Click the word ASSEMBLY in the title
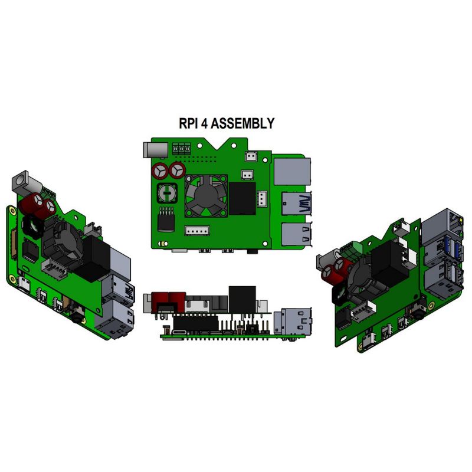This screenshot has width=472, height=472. (242, 124)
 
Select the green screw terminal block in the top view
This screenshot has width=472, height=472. (183, 149)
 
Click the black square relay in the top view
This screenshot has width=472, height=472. (242, 198)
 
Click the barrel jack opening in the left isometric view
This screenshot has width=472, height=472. (21, 177)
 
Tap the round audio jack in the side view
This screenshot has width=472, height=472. (251, 327)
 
